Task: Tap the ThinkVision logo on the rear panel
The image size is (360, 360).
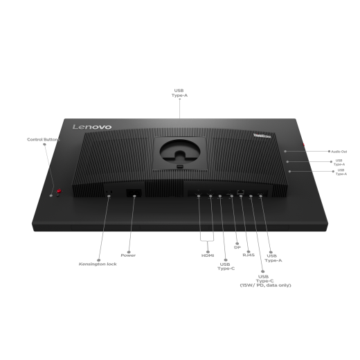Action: click(x=262, y=136)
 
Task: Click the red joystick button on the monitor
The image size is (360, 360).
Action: click(x=60, y=192)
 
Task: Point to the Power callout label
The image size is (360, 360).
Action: click(x=128, y=255)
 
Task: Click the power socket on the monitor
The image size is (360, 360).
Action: click(x=134, y=195)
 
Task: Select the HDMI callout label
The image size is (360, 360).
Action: click(x=208, y=255)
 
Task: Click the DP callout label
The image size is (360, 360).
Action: click(x=237, y=245)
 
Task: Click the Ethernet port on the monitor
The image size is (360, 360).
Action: click(x=240, y=190)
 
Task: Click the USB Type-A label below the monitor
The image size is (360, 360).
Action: click(x=274, y=258)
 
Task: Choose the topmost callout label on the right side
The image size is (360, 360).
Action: click(x=337, y=150)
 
